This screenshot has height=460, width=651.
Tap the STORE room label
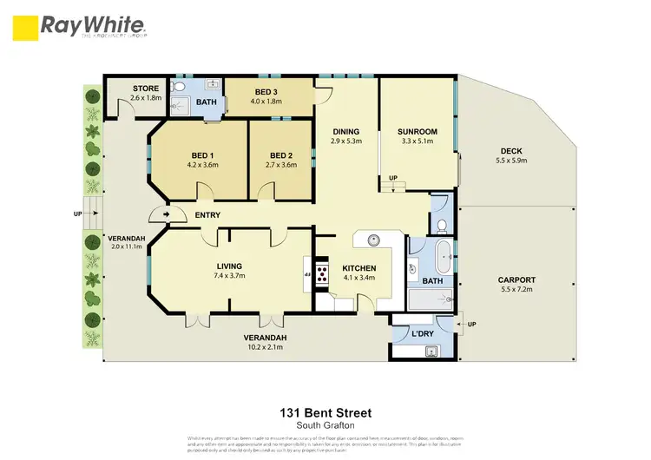(146, 88)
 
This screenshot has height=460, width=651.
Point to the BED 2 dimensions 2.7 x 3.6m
(280, 163)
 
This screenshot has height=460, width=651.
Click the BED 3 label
(266, 91)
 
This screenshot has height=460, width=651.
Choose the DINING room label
(346, 131)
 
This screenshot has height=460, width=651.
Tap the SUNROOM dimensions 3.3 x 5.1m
(418, 141)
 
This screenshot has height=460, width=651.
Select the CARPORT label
(516, 279)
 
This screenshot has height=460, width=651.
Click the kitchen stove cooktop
(322, 274)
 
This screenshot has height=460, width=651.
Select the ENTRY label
(207, 215)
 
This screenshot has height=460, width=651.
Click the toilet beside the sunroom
(442, 227)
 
